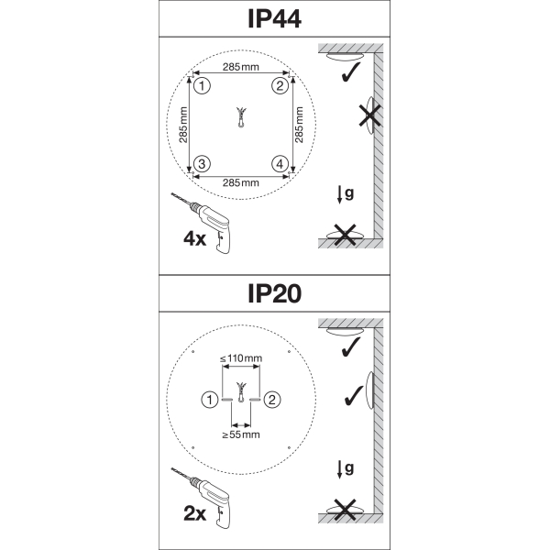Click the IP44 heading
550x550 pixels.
[x=274, y=19]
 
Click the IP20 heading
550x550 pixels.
[x=274, y=293]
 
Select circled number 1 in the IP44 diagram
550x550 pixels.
[x=203, y=86]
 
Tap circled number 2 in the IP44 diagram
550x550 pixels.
[x=280, y=86]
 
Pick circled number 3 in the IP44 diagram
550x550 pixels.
[x=203, y=164]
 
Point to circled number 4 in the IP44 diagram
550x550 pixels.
[x=280, y=164]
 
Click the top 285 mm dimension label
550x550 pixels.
[x=240, y=67]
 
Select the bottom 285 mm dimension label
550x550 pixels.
[x=240, y=182]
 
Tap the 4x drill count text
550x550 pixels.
[x=194, y=239]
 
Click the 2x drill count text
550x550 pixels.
[x=194, y=514]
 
